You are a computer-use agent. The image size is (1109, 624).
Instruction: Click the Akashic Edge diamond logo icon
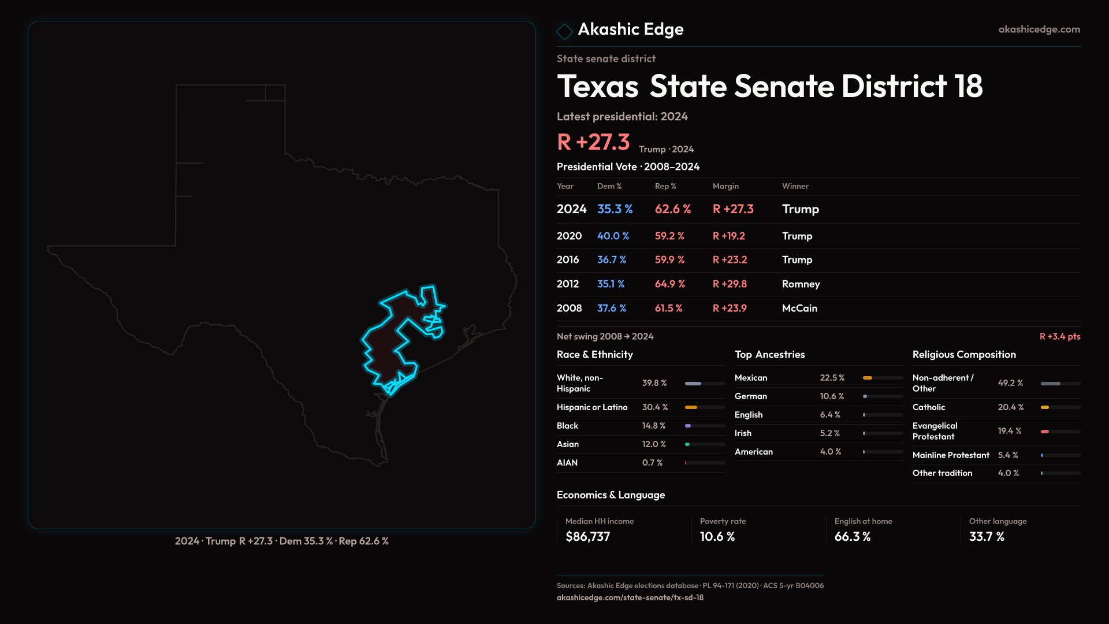click(x=564, y=31)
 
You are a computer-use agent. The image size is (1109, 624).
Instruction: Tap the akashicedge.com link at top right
click(x=1039, y=29)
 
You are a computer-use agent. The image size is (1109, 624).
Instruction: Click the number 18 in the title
click(x=969, y=87)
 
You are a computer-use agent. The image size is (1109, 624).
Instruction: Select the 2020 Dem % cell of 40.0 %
click(x=613, y=236)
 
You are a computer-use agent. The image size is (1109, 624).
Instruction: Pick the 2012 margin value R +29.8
click(x=730, y=284)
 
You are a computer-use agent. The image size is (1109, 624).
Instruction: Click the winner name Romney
click(x=801, y=284)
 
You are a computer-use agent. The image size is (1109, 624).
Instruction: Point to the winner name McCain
click(x=799, y=309)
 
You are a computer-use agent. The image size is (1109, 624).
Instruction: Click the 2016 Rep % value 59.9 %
click(x=669, y=260)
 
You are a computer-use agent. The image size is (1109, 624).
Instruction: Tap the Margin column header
click(x=725, y=186)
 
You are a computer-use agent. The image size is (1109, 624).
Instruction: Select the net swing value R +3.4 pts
click(x=1059, y=337)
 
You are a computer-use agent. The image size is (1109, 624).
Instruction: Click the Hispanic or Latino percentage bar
click(x=705, y=407)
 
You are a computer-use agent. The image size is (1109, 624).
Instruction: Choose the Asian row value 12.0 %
click(x=654, y=444)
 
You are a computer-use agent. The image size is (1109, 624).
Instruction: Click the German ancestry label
click(x=751, y=396)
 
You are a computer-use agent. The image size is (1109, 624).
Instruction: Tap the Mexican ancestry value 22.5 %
click(x=832, y=378)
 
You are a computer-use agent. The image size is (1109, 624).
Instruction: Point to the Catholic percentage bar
click(x=1060, y=407)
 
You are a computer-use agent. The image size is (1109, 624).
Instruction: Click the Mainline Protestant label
click(x=951, y=455)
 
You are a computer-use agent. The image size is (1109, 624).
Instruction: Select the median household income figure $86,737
click(x=587, y=537)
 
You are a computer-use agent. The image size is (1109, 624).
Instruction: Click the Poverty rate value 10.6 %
click(x=717, y=537)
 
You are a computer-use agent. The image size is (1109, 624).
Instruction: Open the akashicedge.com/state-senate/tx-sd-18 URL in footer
click(x=630, y=598)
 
